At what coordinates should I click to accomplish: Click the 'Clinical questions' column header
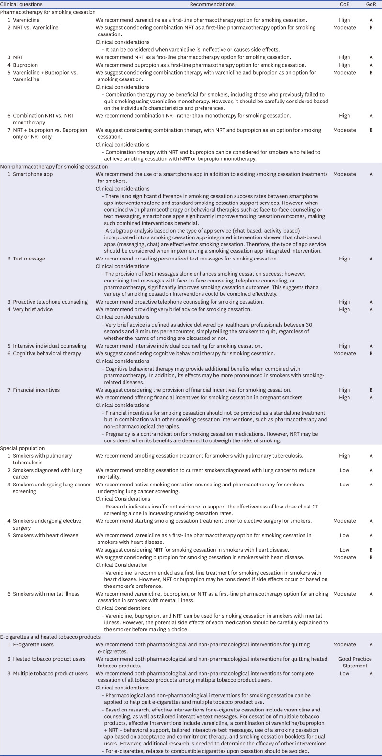click(x=22, y=4)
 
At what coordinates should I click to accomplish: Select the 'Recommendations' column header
click(x=212, y=4)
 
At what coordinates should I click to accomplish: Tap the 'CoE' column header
click(x=344, y=4)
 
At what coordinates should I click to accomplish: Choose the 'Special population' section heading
click(x=22, y=449)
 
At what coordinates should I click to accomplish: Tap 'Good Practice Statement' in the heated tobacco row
click(x=355, y=662)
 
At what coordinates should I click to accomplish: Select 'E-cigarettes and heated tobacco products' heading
click(x=51, y=637)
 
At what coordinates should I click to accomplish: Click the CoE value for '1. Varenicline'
click(x=344, y=20)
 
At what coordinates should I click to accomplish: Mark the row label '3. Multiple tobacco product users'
click(x=50, y=674)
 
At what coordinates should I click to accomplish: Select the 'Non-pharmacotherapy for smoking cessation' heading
click(x=54, y=167)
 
